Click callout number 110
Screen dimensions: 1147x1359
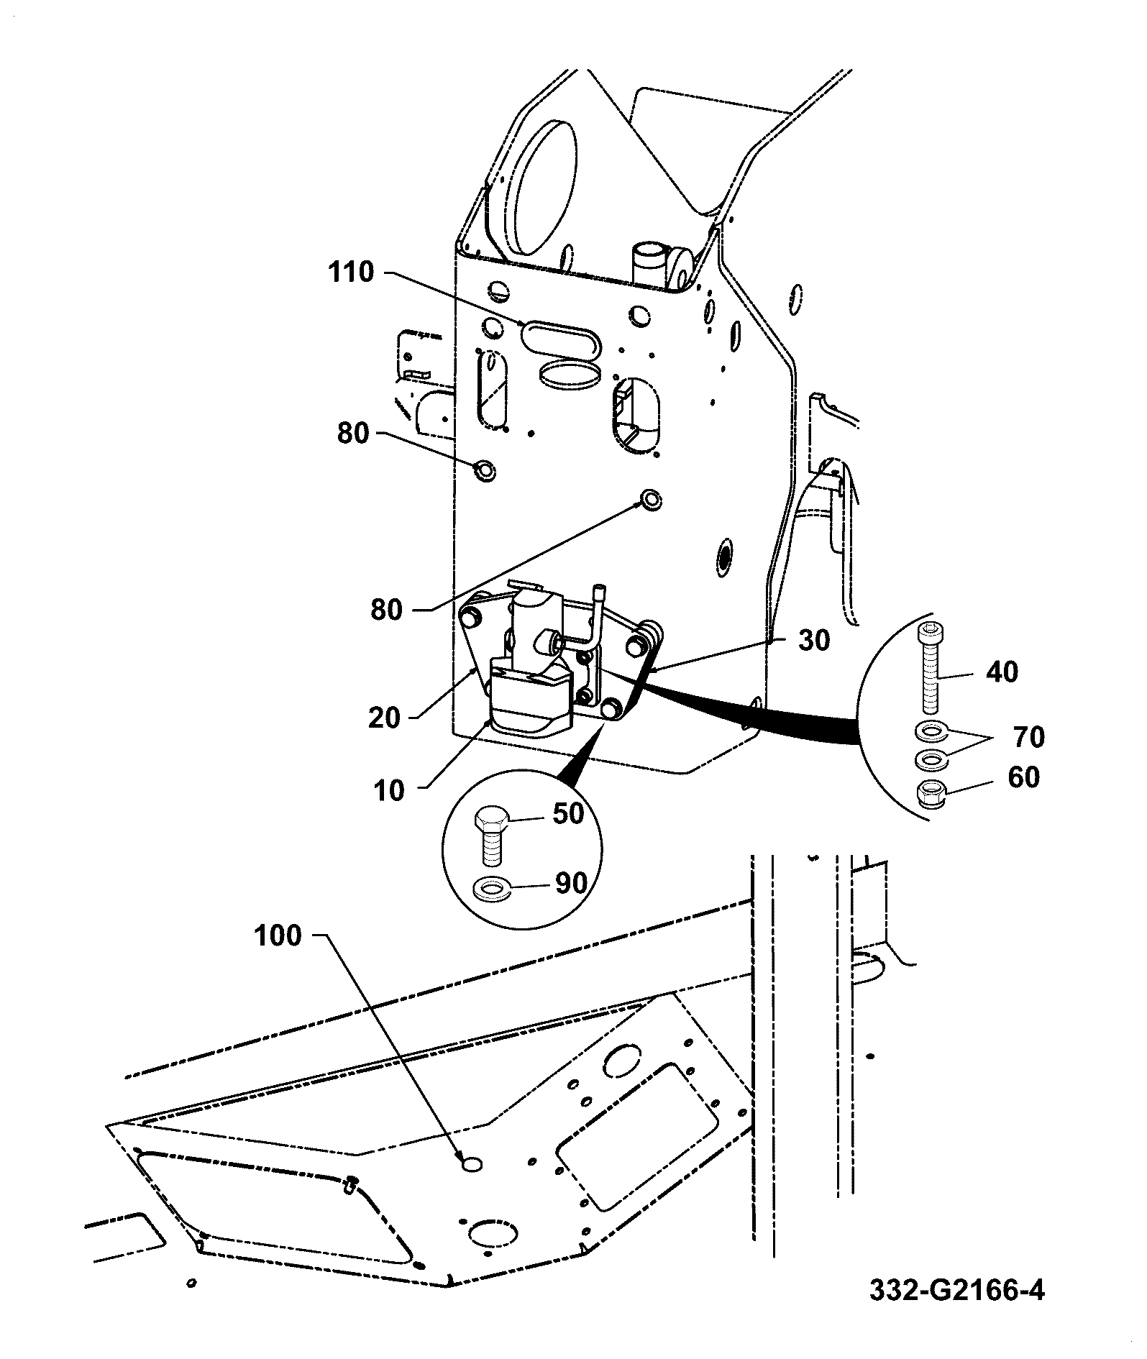click(352, 273)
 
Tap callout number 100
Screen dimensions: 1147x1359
click(277, 936)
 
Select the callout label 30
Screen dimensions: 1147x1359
click(815, 640)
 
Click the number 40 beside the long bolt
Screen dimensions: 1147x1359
click(1002, 672)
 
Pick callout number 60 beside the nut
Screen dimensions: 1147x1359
click(1024, 777)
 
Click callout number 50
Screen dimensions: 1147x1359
click(568, 815)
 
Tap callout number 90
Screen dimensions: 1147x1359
click(571, 884)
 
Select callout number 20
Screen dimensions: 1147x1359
click(384, 718)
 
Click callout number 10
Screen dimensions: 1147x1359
click(389, 791)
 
